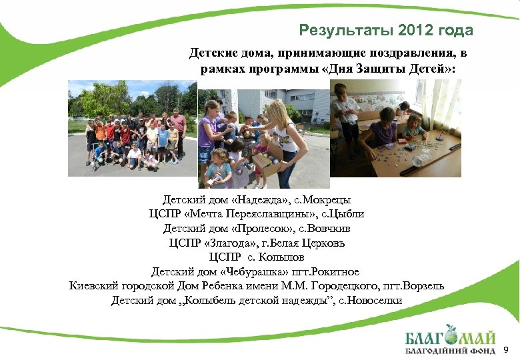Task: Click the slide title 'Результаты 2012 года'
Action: tap(386, 31)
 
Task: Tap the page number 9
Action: tap(505, 349)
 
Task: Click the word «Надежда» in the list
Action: tap(255, 200)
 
